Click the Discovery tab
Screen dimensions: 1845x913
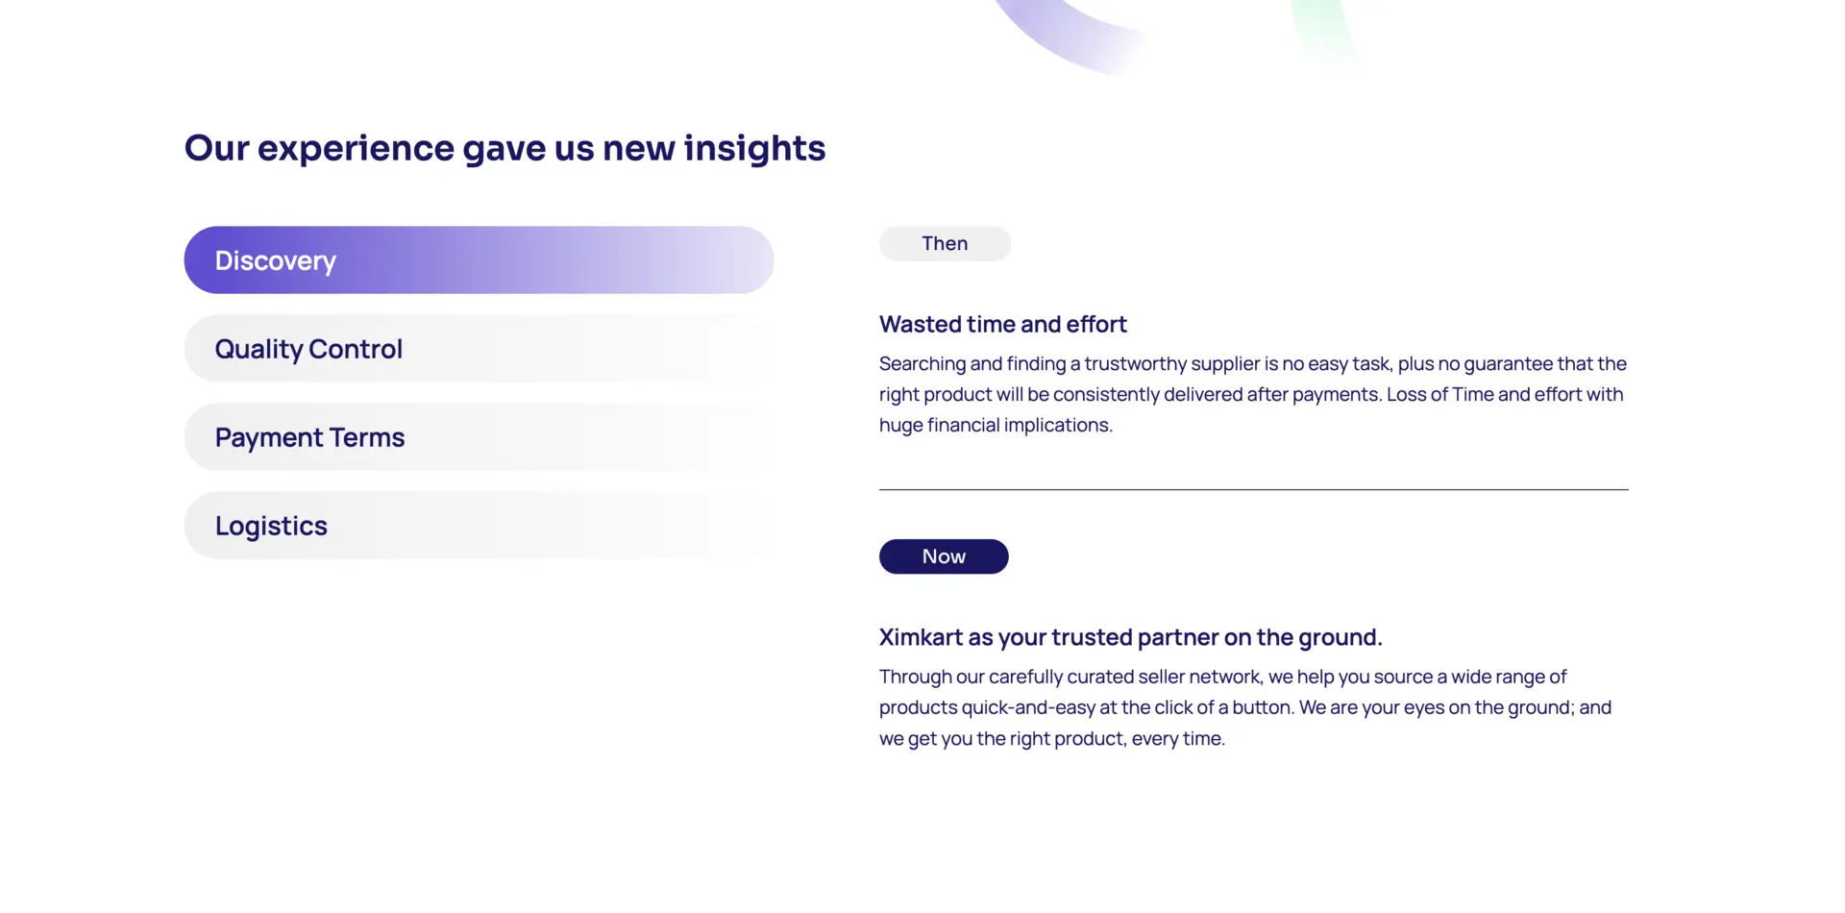coord(479,259)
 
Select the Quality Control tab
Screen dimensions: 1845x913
coord(479,348)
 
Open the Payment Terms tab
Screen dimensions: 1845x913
coord(479,436)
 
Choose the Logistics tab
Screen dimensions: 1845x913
coord(479,525)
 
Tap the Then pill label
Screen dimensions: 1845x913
coord(945,243)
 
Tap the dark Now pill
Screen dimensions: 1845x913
coord(944,556)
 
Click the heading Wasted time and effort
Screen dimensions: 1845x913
coord(1003,324)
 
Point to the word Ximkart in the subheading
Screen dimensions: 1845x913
coord(921,637)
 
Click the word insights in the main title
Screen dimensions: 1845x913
coord(754,148)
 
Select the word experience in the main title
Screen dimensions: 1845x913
coord(356,149)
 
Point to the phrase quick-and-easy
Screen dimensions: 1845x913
coord(1028,708)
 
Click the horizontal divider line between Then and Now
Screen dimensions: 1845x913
coord(1254,489)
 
